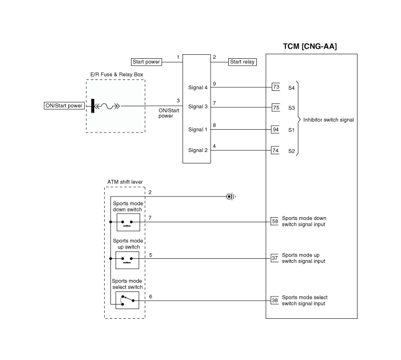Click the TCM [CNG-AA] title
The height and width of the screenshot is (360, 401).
pos(309,46)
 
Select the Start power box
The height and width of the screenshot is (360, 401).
pos(146,62)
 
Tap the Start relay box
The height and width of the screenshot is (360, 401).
pos(242,62)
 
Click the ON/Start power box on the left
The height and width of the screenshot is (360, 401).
pos(64,106)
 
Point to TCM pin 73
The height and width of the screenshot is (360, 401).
pos(276,87)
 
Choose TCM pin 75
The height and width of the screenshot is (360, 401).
pos(276,107)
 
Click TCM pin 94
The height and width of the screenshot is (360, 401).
pos(275,130)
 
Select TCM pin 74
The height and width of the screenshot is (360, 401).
pos(275,150)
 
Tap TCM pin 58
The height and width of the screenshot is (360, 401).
pos(275,221)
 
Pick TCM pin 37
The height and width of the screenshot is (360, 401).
pos(275,258)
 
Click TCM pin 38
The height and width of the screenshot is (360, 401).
pos(275,300)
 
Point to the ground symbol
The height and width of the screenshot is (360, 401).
pos(231,197)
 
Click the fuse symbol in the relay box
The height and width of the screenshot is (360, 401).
pos(106,106)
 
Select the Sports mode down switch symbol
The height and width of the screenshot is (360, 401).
pos(128,222)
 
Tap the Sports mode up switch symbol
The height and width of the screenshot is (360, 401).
pos(128,260)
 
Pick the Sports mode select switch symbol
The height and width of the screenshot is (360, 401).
pos(128,301)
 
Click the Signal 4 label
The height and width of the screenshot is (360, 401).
pos(198,87)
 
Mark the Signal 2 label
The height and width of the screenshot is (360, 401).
pos(198,150)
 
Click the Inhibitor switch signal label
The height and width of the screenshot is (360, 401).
pos(328,120)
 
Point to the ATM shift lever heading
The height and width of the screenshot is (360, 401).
pos(125,182)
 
